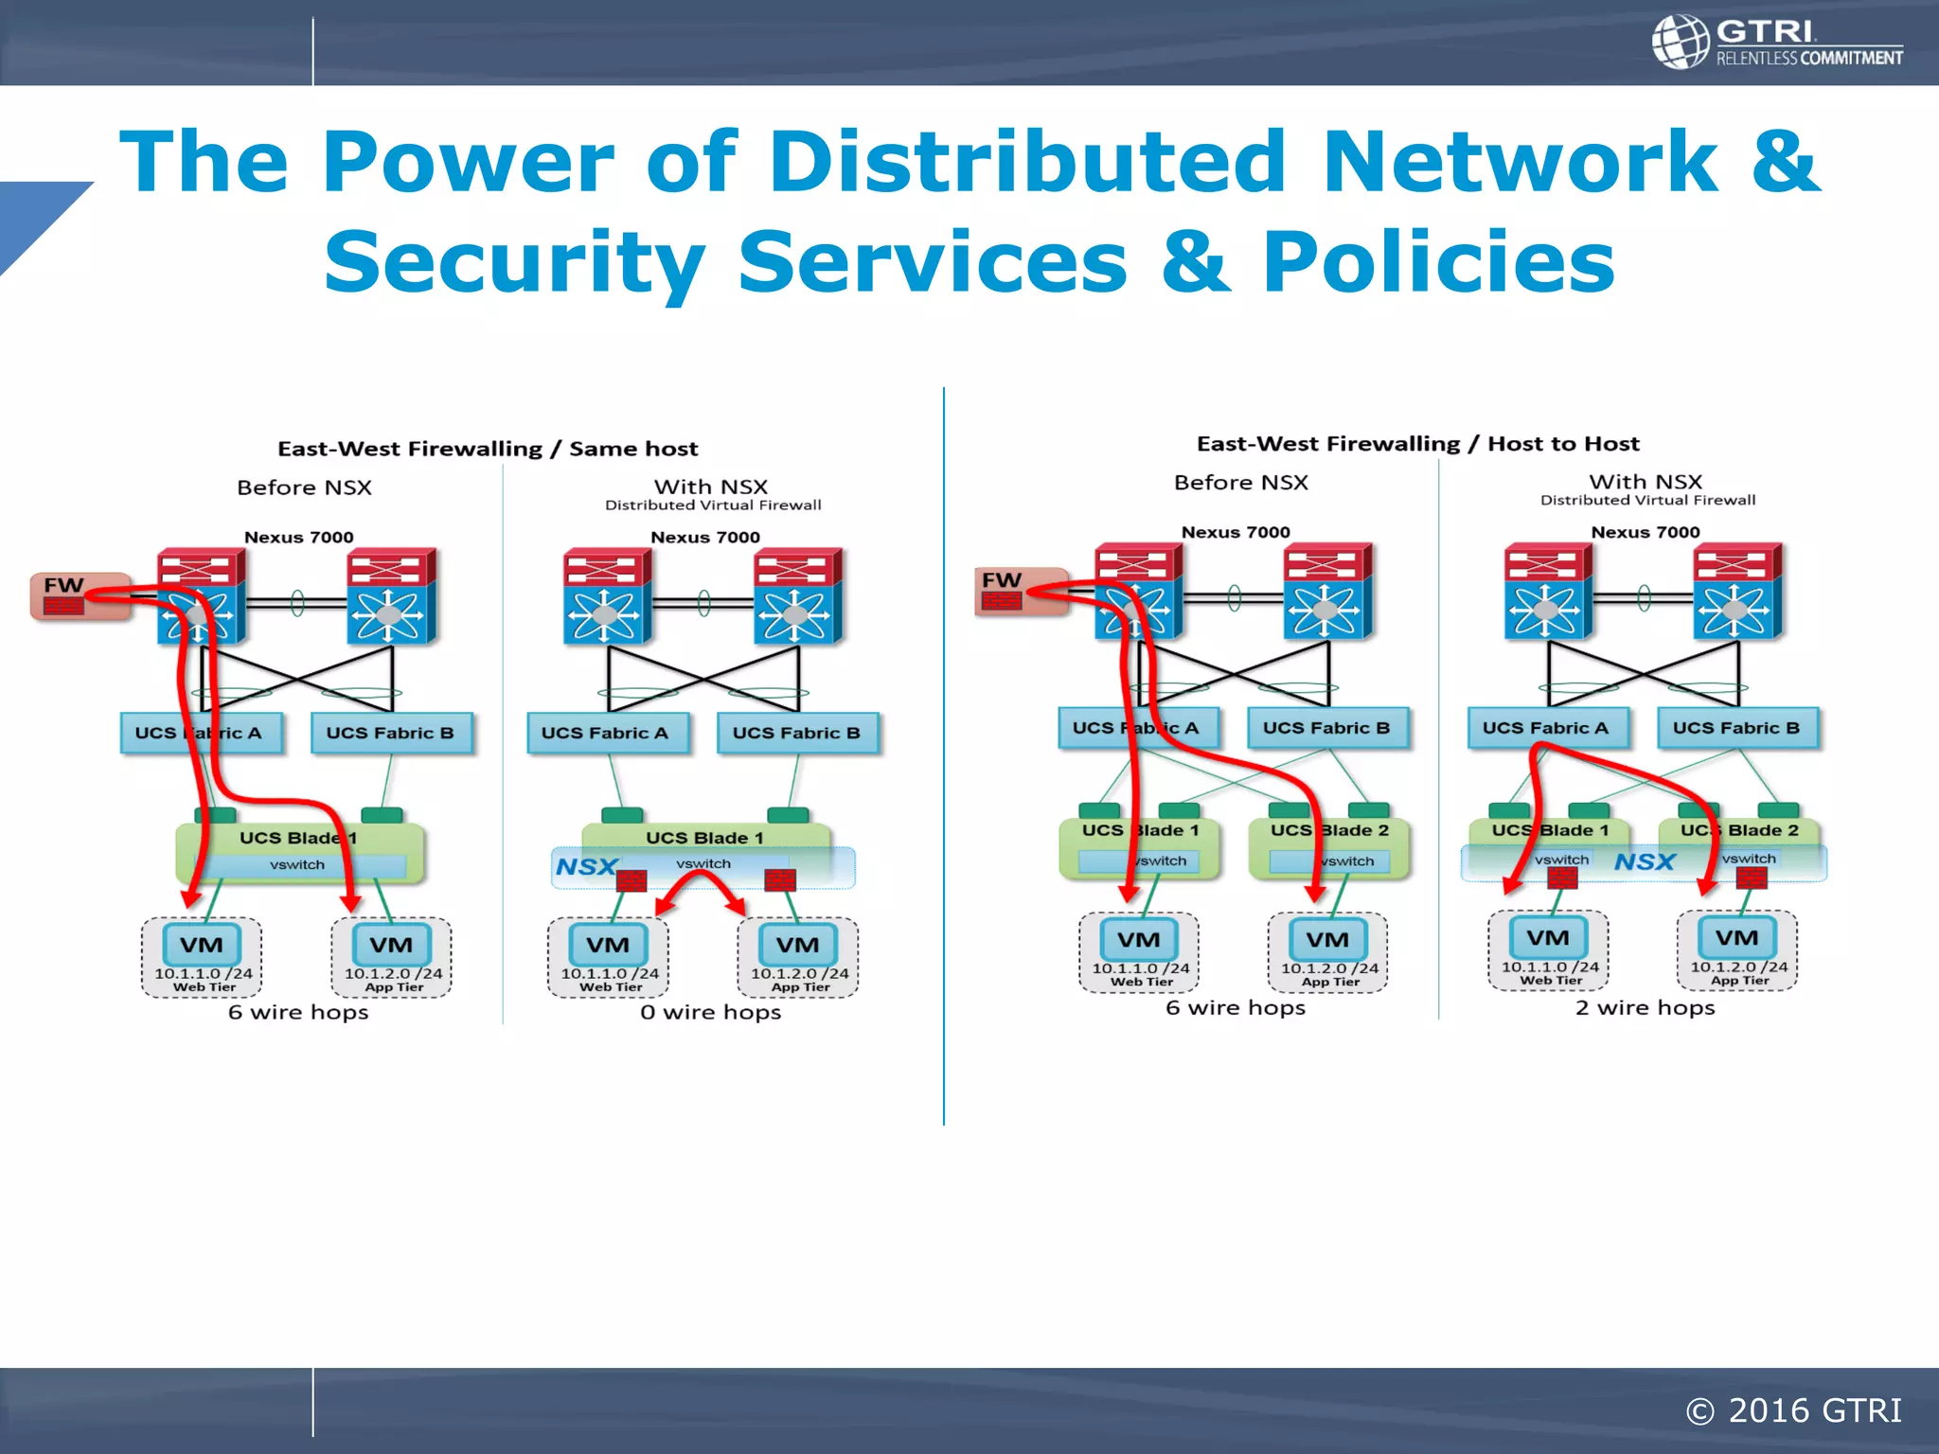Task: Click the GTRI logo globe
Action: [1681, 43]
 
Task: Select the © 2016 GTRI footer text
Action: [1793, 1410]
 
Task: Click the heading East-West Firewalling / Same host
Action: [488, 449]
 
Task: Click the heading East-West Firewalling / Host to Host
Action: [1417, 444]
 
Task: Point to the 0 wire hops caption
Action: [710, 1012]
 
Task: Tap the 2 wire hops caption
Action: [1645, 1007]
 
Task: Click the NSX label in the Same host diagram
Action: [586, 866]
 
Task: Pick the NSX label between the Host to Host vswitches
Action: [1645, 861]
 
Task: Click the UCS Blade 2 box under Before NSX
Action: [1329, 845]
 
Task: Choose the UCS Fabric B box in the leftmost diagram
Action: [390, 733]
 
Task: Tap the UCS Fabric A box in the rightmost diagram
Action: [1545, 728]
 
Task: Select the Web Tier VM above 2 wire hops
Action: [1548, 949]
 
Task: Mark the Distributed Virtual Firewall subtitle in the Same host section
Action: [713, 505]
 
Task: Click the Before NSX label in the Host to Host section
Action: [1240, 483]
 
